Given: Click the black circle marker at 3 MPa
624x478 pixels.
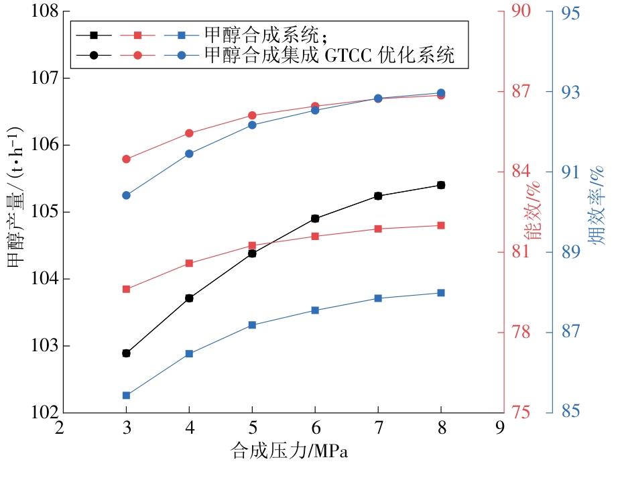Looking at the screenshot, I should (126, 353).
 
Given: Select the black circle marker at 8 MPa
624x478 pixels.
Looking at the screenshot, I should (441, 185).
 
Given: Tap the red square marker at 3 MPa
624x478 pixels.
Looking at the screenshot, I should (126, 289).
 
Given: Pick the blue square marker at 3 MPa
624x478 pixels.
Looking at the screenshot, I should (126, 396).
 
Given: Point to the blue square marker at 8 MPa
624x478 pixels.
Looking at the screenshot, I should (441, 293).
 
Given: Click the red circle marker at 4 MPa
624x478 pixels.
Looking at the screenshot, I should (189, 133).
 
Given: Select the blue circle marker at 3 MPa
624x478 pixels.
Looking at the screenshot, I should (126, 195).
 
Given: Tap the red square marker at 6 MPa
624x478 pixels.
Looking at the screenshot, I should (315, 236).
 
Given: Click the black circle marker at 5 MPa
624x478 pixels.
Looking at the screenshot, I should (252, 253).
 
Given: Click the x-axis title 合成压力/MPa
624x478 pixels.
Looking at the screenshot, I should (290, 451).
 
